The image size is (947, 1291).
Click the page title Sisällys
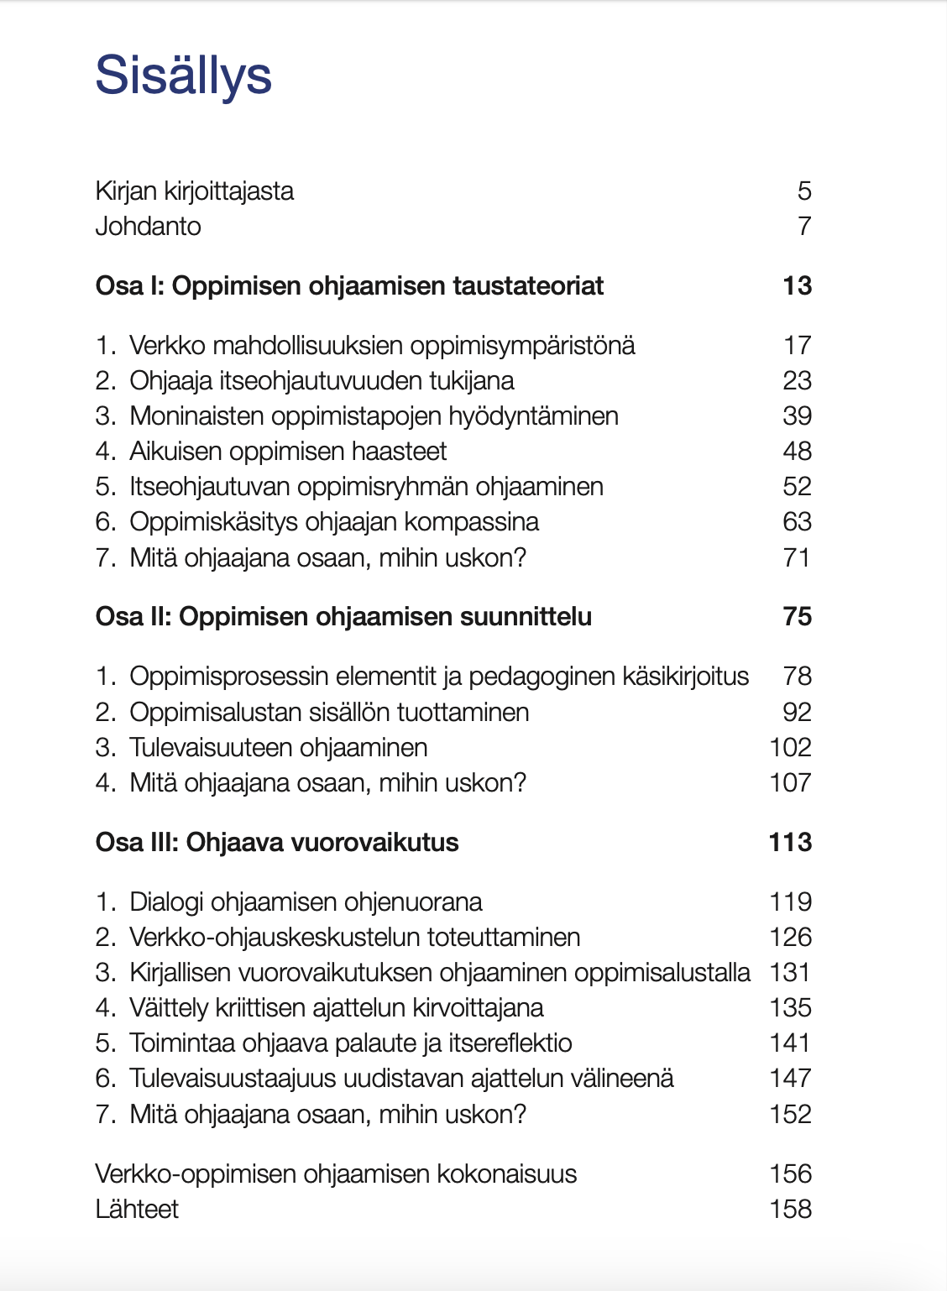click(x=183, y=76)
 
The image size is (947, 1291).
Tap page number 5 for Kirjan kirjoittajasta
click(x=804, y=191)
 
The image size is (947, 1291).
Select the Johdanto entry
click(x=148, y=227)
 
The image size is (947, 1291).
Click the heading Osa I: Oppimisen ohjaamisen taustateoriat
click(x=349, y=286)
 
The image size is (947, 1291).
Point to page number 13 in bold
click(x=797, y=286)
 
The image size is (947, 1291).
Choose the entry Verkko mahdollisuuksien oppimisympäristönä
click(x=382, y=346)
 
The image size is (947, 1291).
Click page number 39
click(x=797, y=416)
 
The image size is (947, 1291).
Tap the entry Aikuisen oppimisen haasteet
click(x=287, y=452)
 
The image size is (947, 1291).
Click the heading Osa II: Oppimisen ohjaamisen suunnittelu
click(x=343, y=617)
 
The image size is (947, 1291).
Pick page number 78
click(x=797, y=677)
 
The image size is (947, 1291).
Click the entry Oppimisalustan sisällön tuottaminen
click(x=329, y=713)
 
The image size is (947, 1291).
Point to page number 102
click(x=790, y=748)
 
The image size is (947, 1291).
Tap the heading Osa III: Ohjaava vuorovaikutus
click(x=277, y=843)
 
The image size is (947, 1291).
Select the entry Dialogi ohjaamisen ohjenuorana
click(x=306, y=902)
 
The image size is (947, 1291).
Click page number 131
click(x=790, y=973)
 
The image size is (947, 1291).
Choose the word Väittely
click(x=172, y=1008)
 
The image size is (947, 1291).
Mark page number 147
click(x=790, y=1079)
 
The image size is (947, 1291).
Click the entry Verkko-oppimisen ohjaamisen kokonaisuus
click(x=336, y=1174)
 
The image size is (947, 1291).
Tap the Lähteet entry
click(x=137, y=1210)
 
